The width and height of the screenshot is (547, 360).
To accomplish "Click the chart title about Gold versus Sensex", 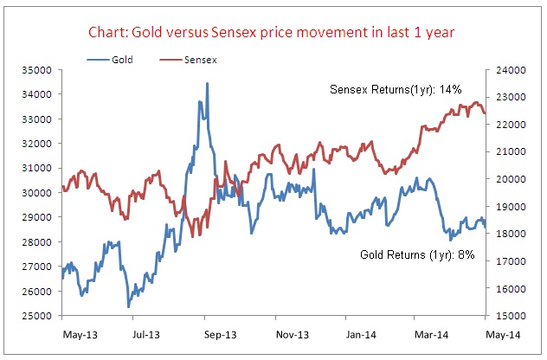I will coord(273,34).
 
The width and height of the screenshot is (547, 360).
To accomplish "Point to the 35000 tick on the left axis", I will coord(41,69).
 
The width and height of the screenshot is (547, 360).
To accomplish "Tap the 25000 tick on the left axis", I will coord(41,316).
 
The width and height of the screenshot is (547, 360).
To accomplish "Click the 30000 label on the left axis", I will coord(41,193).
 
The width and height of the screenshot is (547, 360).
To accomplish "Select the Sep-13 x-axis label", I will coord(221,332).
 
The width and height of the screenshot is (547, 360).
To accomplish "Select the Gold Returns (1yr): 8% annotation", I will coord(417,255).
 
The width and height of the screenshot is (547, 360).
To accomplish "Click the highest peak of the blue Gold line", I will coord(207,84).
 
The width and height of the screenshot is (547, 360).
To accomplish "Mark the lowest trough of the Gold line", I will coord(128,306).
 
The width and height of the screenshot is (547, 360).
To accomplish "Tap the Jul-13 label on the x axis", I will coord(146,332).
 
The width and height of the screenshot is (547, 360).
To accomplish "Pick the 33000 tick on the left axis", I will coord(41,119).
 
